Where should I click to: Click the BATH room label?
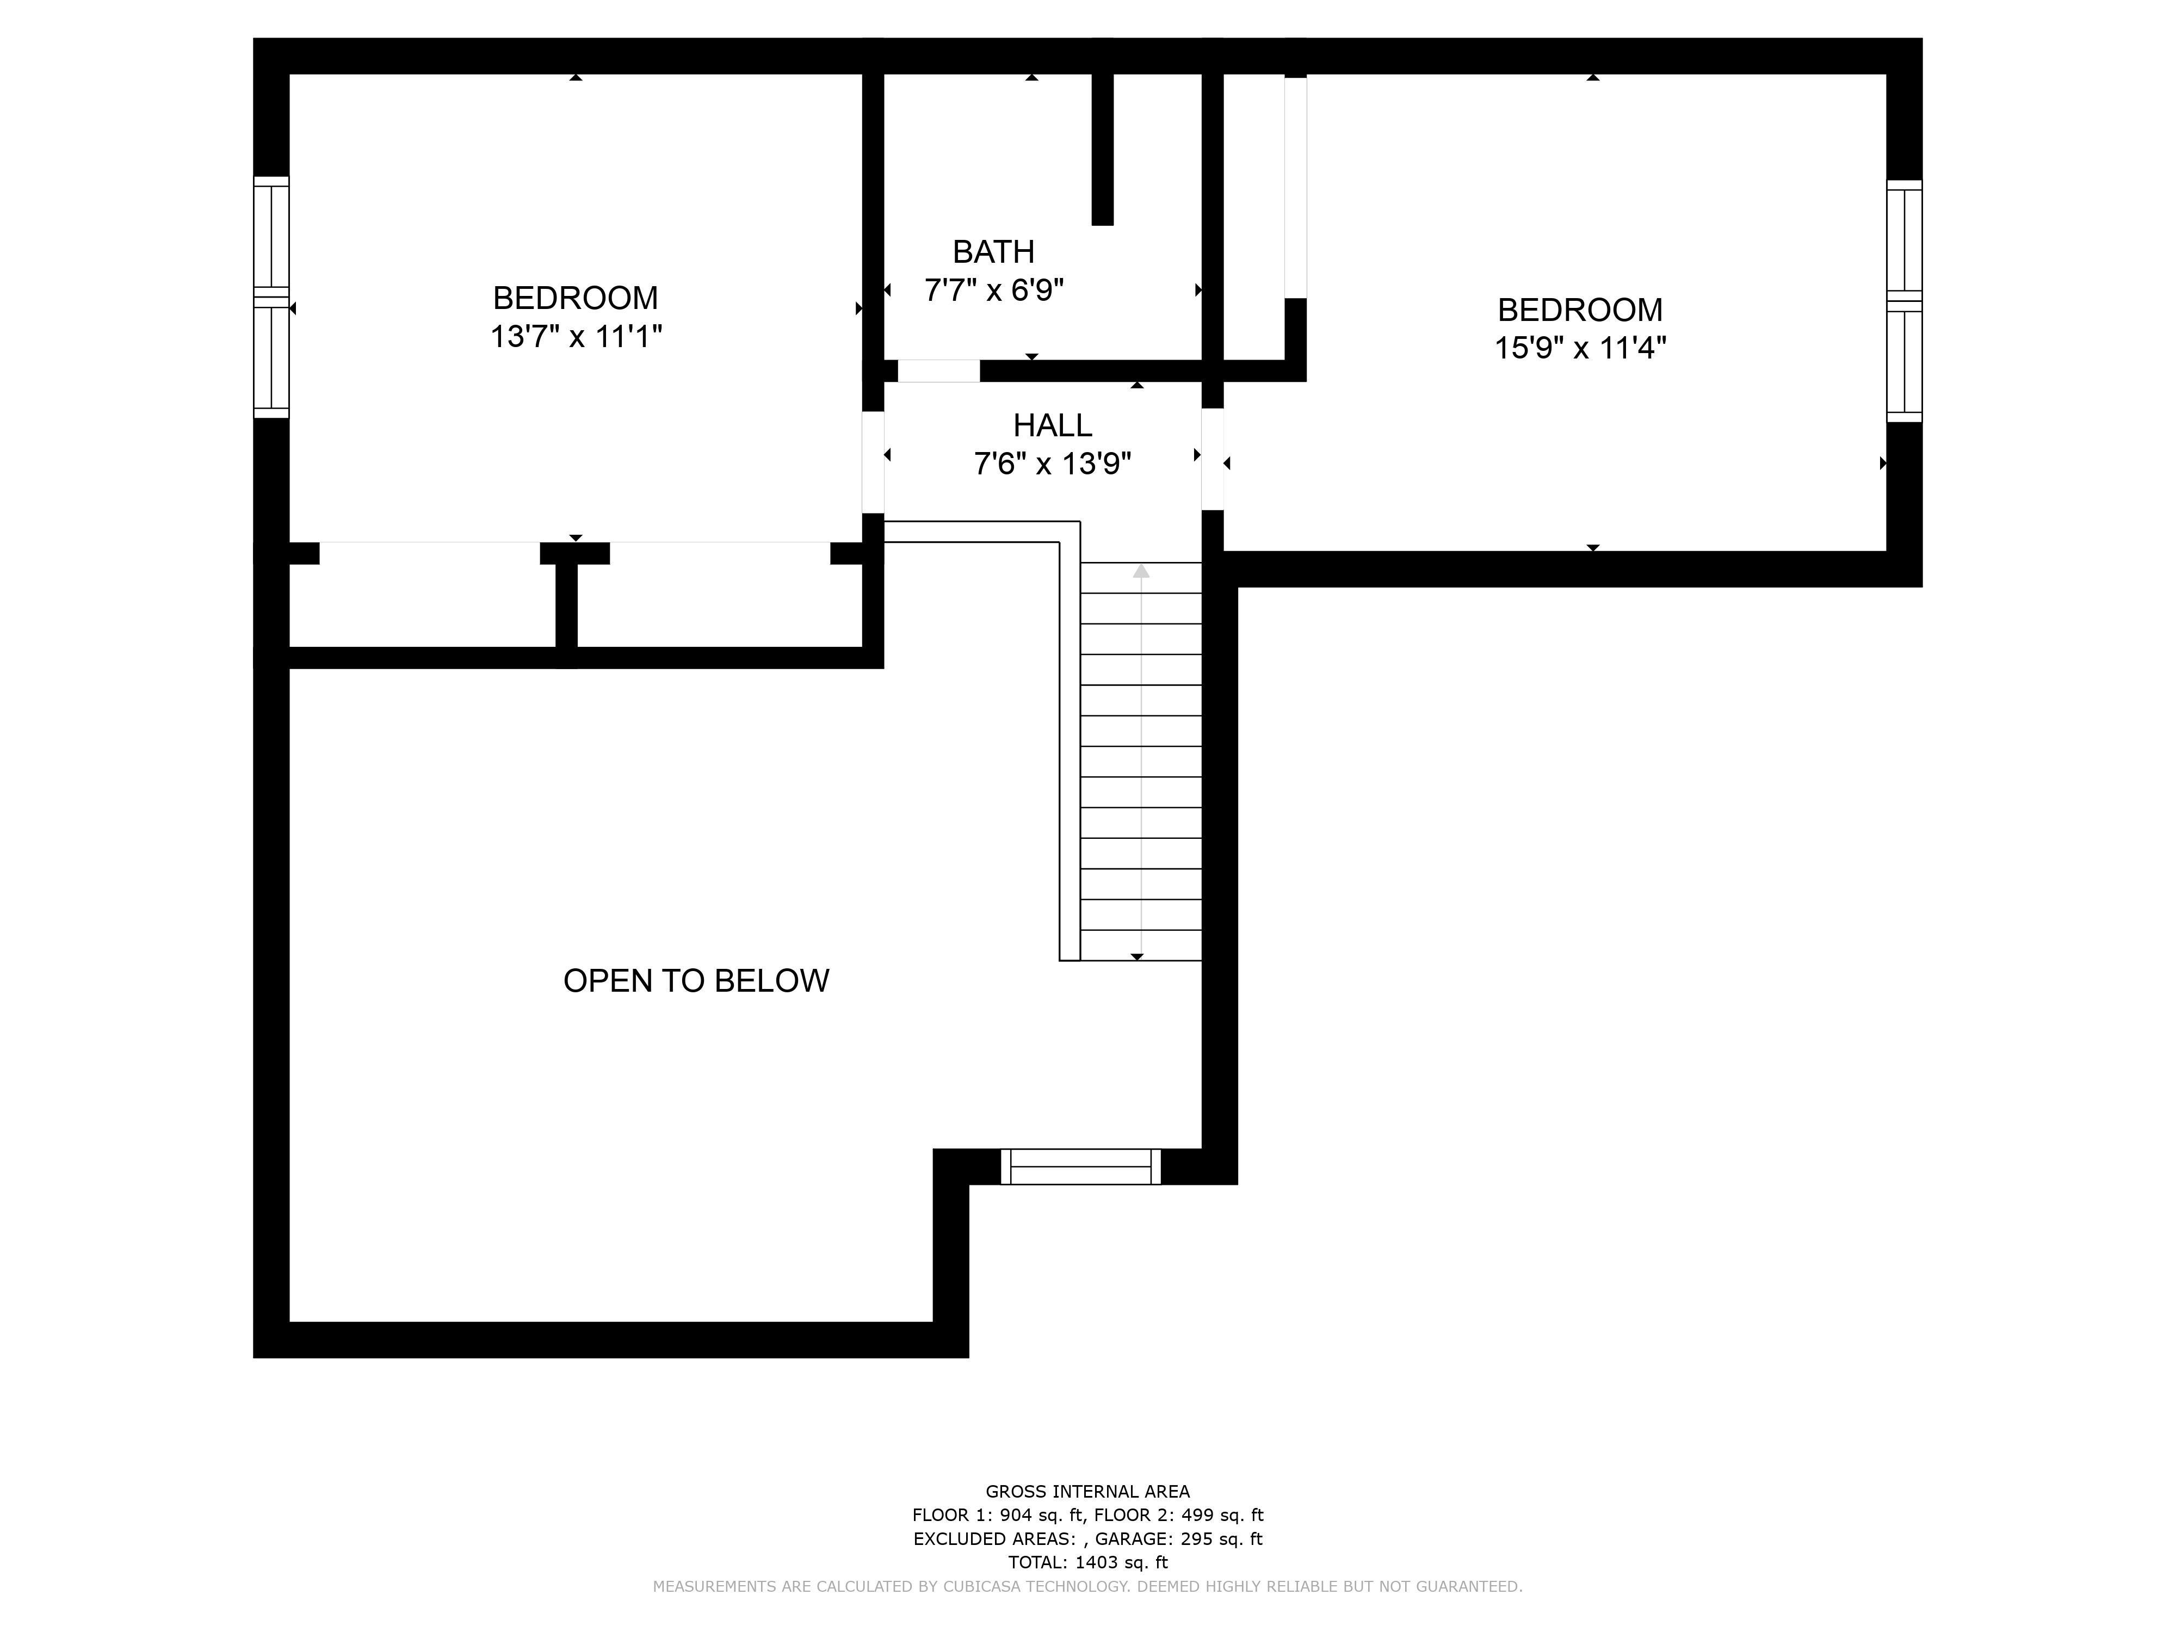(x=993, y=252)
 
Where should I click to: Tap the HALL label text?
(x=1053, y=425)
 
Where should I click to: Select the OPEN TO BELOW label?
(x=695, y=981)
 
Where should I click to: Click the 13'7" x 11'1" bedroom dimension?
(x=577, y=336)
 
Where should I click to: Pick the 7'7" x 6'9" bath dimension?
(x=993, y=290)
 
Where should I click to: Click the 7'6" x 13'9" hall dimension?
(x=1053, y=463)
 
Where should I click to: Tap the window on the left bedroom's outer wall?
(x=271, y=297)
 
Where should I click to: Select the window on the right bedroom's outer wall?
(x=1905, y=301)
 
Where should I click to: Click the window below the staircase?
(x=1081, y=1167)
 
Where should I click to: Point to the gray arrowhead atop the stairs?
(x=1141, y=571)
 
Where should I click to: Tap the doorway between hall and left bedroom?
(x=873, y=462)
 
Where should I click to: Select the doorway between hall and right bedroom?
(x=1213, y=459)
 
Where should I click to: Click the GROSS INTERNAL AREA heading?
(x=1088, y=1491)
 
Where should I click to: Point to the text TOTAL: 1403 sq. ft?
(x=1088, y=1562)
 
